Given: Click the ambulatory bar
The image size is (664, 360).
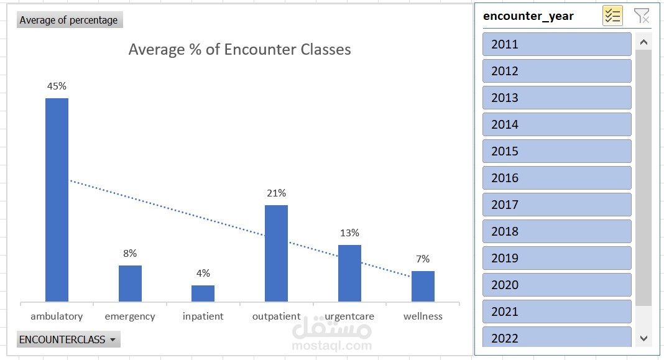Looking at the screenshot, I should tap(57, 200).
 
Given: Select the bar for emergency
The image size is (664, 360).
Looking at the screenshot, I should tap(130, 284).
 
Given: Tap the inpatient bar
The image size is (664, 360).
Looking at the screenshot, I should tap(203, 293).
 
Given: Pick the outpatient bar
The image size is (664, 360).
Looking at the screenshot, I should tap(276, 253).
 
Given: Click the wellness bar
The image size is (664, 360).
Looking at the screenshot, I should tap(423, 286).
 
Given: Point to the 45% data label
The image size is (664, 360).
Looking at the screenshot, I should tap(57, 86).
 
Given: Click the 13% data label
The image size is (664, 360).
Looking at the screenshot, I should tap(349, 233).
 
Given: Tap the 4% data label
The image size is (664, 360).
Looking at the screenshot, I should tap(203, 274).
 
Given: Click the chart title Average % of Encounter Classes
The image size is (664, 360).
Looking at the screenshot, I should tap(239, 50).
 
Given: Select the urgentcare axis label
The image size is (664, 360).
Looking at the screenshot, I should tap(349, 316).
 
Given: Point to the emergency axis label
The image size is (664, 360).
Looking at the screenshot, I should tap(130, 316).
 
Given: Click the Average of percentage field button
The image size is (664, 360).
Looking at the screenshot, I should tap(69, 20).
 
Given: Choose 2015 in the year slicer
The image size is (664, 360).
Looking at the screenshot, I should tap(556, 151).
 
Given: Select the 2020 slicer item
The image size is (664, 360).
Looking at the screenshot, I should tap(556, 285).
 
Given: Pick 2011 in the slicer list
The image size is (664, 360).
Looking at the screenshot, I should tap(556, 44).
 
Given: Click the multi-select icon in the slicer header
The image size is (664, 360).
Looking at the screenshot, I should tap(612, 16).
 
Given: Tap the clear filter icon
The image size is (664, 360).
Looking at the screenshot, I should tap(641, 16).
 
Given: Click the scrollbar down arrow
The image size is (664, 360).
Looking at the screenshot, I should tap(643, 338).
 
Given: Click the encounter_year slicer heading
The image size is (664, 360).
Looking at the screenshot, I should tap(528, 16).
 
